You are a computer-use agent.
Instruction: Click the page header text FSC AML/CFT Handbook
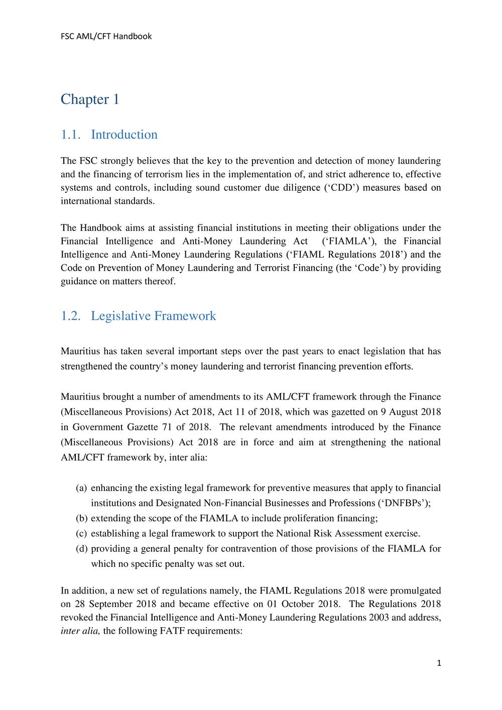106,36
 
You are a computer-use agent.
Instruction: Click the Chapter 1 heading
90,99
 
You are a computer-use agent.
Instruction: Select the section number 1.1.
71,135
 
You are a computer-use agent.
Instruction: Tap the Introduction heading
124,135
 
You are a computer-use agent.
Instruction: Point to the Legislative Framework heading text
153,316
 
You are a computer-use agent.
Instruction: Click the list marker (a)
81,488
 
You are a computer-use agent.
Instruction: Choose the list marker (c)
81,533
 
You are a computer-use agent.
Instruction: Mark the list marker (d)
81,548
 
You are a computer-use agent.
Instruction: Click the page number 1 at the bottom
439,663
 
